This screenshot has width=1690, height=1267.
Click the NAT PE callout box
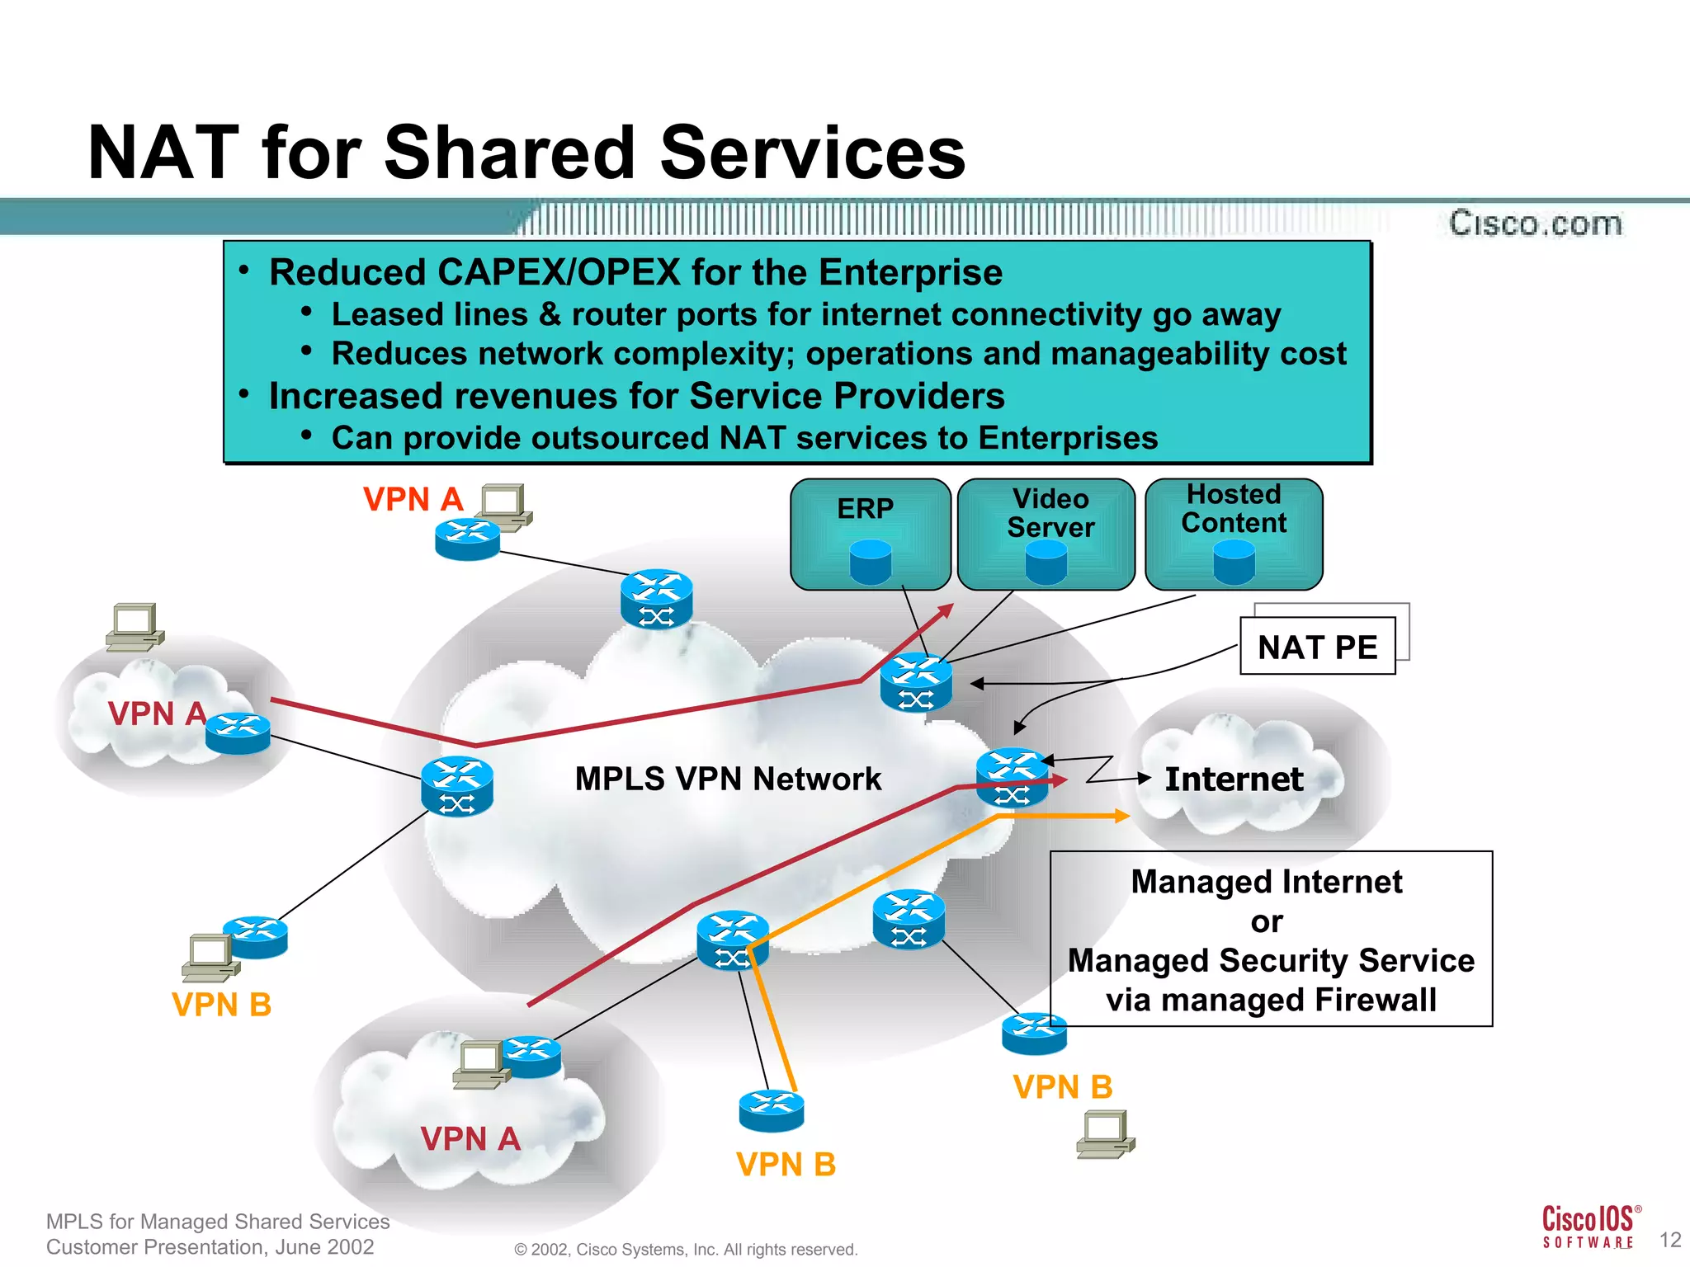1317,647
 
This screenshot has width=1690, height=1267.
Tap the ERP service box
870,534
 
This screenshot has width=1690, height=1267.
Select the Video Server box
1046,534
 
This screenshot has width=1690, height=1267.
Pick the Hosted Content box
1234,534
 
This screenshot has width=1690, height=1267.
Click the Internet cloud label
1234,780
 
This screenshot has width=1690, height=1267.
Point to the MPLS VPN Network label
728,779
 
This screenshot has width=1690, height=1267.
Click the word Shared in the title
514,153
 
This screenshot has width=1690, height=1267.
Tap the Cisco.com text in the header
1536,224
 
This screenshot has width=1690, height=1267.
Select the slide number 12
1670,1240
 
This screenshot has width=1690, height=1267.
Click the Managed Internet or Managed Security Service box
1271,940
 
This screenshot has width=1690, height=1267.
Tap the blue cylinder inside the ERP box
871,563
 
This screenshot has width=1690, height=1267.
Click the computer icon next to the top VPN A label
505,506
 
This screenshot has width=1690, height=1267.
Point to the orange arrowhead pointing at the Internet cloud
1121,816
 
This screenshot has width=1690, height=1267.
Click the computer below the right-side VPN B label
1105,1134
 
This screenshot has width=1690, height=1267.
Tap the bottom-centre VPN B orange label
786,1165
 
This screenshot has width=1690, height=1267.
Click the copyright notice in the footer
686,1250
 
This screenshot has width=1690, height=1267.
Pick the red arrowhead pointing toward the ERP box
946,610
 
